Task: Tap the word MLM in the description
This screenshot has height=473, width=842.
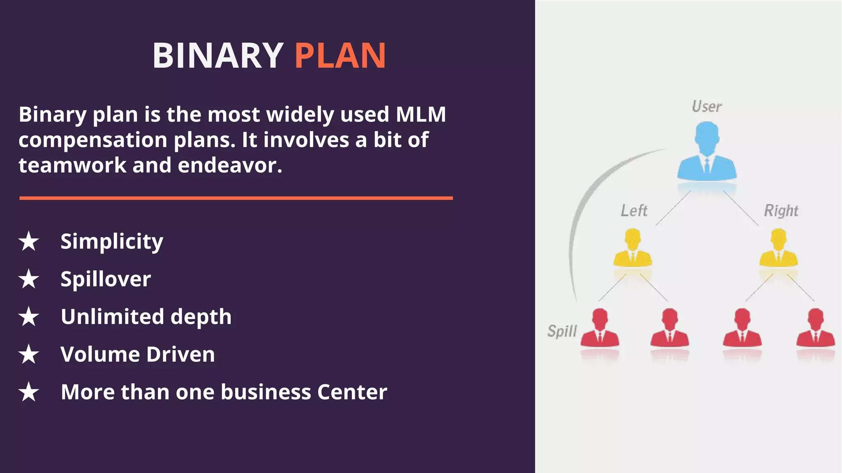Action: click(x=421, y=114)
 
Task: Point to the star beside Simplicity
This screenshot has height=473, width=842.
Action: click(x=29, y=241)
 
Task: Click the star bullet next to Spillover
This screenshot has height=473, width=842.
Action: click(x=29, y=279)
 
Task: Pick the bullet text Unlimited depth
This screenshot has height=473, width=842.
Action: click(x=146, y=317)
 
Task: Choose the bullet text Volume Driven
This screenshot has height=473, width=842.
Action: click(x=138, y=354)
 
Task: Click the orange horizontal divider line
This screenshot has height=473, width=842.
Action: click(x=236, y=198)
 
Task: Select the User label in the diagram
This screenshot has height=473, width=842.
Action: click(x=706, y=107)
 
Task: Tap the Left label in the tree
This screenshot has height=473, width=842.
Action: click(x=634, y=211)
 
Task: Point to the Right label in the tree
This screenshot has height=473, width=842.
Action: click(x=781, y=211)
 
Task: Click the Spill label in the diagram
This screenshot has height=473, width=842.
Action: click(x=562, y=331)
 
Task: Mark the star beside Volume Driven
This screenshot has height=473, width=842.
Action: click(x=29, y=354)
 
